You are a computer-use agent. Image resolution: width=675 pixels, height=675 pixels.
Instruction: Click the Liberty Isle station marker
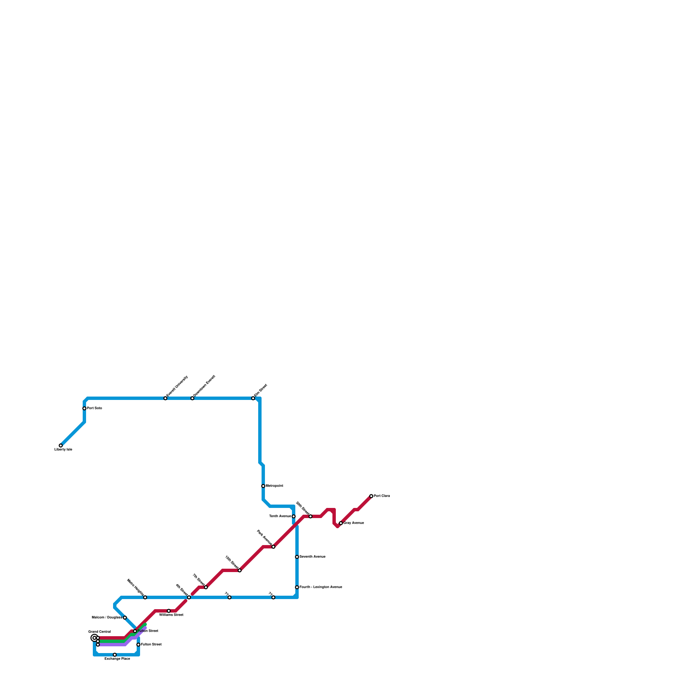61,445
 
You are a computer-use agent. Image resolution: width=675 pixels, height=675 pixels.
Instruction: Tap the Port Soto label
94,408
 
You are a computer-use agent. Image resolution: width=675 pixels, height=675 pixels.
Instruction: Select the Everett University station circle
165,398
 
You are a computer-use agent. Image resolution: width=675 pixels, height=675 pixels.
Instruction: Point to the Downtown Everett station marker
192,398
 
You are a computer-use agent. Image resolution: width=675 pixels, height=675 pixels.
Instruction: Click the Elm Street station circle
253,398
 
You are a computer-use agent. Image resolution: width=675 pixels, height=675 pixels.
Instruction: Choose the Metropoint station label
274,486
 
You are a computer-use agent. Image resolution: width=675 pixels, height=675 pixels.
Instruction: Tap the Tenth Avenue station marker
294,516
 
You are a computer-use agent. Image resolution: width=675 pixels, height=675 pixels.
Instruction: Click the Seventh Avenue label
312,557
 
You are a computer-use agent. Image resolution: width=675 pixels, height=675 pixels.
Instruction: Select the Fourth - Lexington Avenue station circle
297,587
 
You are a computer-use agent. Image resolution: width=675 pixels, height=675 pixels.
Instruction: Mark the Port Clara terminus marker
371,496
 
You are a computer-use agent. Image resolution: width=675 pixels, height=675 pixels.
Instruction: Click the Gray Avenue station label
354,523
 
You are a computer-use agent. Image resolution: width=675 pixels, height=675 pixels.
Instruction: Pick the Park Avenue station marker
273,547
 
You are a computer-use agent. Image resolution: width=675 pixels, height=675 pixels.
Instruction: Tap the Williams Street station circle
169,611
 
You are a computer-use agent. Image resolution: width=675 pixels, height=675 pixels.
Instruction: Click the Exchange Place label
117,659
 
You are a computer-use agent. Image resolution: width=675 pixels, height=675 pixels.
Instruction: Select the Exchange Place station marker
115,655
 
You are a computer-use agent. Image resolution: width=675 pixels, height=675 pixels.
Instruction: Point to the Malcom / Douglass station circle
125,618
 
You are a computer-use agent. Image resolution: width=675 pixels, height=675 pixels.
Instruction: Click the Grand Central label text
100,632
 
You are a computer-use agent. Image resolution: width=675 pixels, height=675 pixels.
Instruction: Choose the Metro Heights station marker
145,597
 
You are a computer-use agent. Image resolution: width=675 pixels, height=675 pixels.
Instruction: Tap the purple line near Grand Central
112,645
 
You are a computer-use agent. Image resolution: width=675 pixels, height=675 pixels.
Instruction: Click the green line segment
112,641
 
